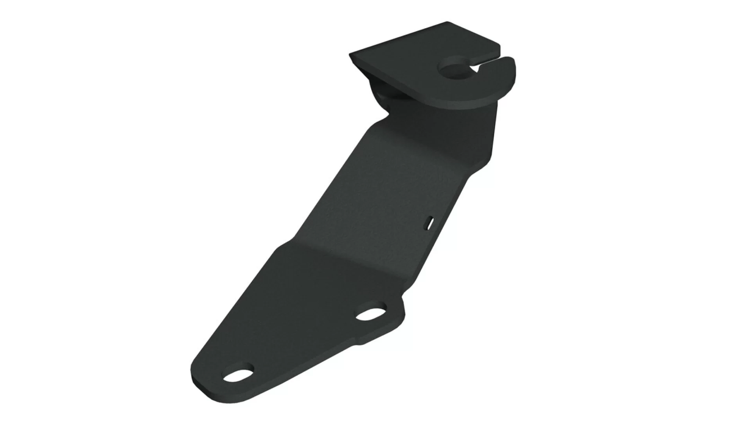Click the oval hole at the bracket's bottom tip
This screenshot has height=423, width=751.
pyautogui.click(x=238, y=376)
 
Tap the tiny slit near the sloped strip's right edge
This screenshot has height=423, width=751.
pyautogui.click(x=429, y=222)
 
